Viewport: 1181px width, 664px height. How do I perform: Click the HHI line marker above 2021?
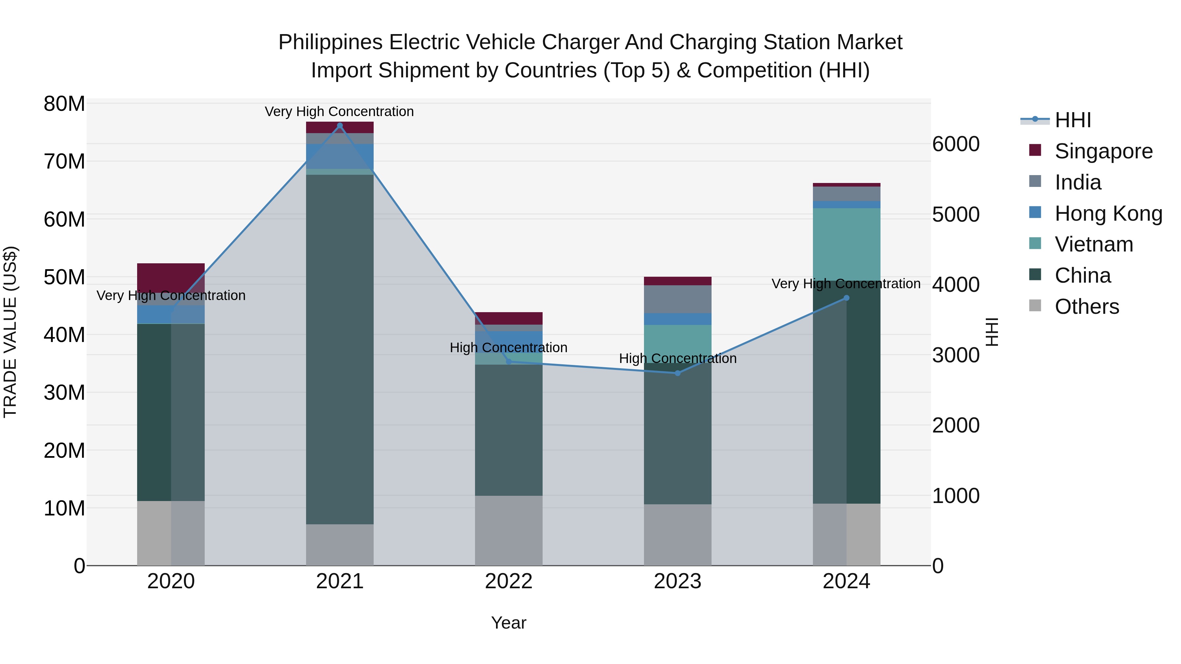(340, 126)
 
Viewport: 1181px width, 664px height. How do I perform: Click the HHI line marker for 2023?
(678, 373)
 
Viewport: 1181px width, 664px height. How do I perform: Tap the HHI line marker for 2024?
(846, 298)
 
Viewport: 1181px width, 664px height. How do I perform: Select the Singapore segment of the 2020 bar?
(171, 278)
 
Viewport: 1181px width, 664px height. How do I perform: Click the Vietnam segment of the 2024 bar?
(846, 244)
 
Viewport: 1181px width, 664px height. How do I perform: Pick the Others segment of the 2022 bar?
(508, 530)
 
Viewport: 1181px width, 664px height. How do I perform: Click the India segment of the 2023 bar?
(678, 299)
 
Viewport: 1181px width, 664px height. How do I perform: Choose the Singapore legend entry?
(1103, 151)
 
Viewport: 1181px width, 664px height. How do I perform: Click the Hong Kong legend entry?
(1108, 213)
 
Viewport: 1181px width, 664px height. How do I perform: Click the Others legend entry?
(1086, 307)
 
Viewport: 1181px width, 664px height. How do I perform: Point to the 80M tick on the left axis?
(64, 104)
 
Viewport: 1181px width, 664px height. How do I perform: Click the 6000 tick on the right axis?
(956, 144)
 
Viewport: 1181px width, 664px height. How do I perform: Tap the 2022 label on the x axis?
(508, 581)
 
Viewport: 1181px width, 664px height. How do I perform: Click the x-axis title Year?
(508, 623)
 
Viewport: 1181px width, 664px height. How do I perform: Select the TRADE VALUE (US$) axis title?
(10, 332)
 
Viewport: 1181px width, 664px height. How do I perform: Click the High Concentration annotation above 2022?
(508, 347)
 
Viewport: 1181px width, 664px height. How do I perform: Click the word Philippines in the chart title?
(330, 42)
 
